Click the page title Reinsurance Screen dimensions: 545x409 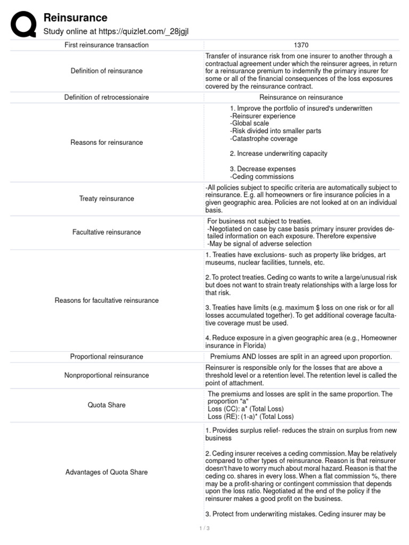point(75,18)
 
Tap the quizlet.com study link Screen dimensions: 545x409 point(116,32)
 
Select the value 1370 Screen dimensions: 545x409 point(301,45)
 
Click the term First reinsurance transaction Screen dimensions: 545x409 point(107,45)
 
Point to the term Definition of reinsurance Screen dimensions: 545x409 point(107,71)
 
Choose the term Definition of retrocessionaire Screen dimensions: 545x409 point(107,97)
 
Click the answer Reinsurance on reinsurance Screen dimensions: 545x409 point(301,97)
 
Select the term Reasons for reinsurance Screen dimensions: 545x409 point(107,143)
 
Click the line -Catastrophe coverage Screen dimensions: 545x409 point(264,139)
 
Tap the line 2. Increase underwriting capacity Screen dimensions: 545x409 point(279,154)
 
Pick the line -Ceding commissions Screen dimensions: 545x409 point(261,177)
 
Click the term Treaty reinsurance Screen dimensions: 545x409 point(107,199)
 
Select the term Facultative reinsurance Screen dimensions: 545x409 point(107,232)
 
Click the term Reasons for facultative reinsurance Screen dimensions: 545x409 point(107,301)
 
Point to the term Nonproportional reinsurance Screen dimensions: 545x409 point(107,375)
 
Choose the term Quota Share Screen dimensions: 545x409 point(107,405)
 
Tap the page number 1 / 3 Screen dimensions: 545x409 point(204,528)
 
